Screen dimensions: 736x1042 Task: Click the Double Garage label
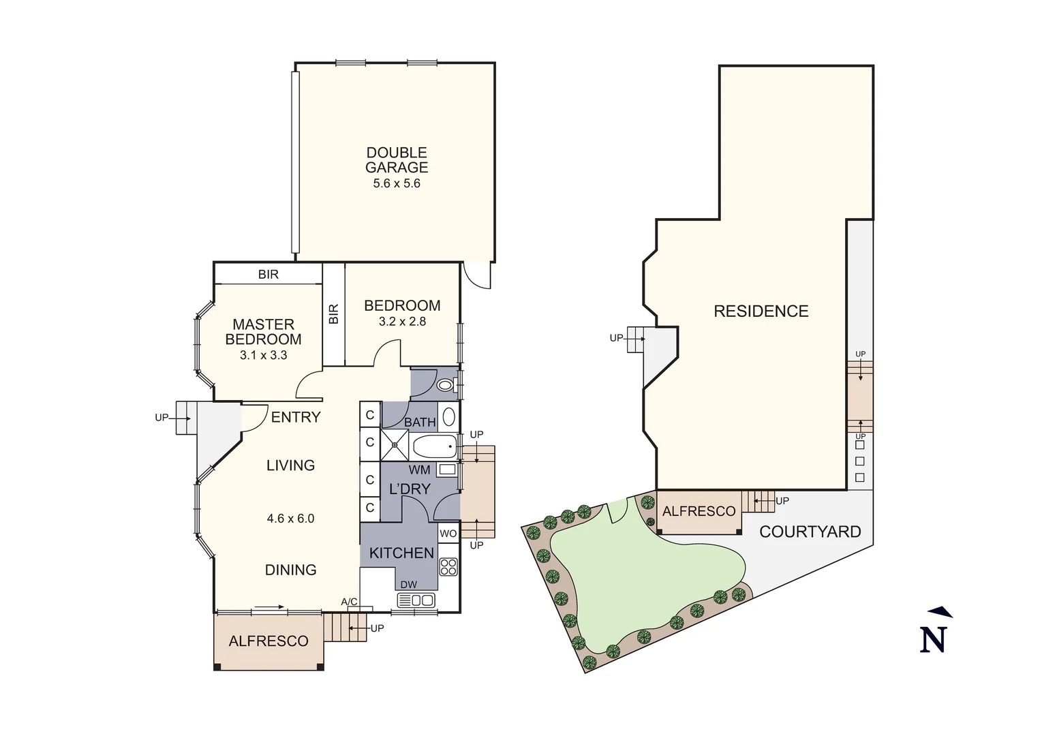click(397, 160)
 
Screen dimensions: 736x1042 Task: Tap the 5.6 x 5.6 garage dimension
click(397, 183)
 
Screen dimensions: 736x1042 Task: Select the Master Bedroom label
click(263, 332)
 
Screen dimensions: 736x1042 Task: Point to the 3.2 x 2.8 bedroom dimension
click(402, 322)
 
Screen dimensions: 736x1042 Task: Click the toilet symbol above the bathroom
click(445, 386)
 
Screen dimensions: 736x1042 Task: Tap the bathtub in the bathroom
click(434, 448)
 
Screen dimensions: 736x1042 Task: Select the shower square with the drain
click(394, 445)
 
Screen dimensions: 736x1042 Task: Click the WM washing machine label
click(419, 470)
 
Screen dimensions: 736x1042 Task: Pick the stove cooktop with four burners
click(448, 567)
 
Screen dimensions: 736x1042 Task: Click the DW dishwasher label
click(408, 585)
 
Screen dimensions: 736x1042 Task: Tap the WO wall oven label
click(448, 534)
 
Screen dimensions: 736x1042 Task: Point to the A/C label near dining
click(349, 602)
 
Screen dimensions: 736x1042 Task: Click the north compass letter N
click(934, 639)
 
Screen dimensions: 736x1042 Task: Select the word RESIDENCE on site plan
click(761, 311)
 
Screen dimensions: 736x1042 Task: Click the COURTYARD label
click(810, 532)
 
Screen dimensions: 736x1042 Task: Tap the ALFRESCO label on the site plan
click(699, 511)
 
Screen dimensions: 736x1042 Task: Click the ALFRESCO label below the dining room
click(269, 641)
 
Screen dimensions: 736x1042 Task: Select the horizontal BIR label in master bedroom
click(268, 275)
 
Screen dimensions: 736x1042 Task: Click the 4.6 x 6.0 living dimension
click(290, 519)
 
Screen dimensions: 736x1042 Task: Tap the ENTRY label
click(296, 417)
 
